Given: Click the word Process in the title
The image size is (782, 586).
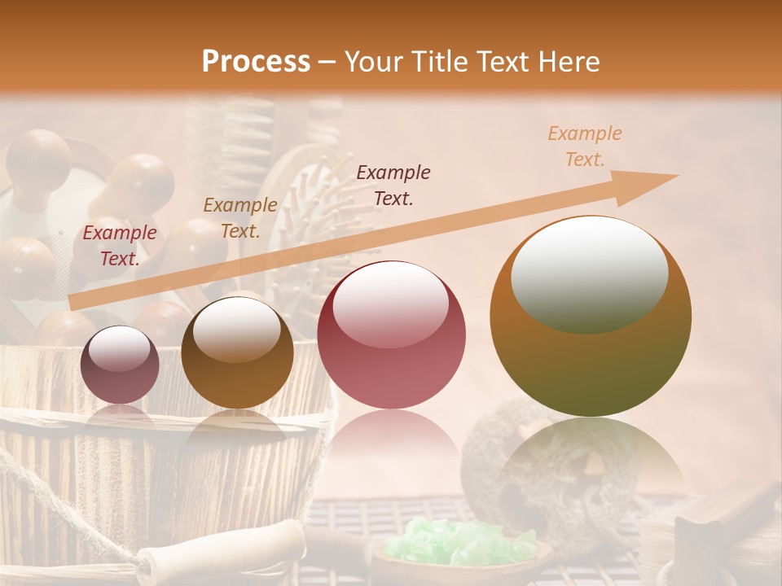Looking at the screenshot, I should tap(256, 62).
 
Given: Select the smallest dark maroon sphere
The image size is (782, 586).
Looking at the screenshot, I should tap(120, 365).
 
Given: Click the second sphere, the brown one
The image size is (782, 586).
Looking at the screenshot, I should tap(237, 352).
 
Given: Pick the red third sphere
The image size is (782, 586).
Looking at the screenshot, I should tap(391, 335).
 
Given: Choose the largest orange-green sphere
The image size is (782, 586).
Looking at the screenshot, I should tap(591, 316).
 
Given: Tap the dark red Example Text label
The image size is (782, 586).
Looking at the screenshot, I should tap(120, 245).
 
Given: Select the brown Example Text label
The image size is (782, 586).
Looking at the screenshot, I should tap(239, 217).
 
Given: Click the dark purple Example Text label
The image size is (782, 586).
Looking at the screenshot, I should tap(393, 185).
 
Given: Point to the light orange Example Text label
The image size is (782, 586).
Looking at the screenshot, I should tap(584, 146).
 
